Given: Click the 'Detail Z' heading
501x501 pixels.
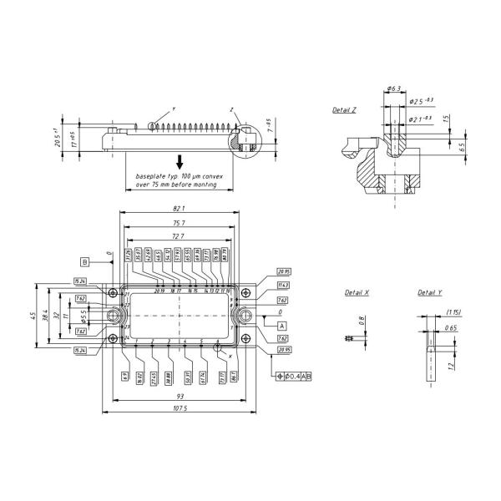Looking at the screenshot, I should tap(344, 110).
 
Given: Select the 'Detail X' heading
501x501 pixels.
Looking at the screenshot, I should tap(357, 293).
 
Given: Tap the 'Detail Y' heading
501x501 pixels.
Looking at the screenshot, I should tap(430, 293).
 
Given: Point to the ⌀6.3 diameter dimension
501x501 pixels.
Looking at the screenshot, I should tap(395, 88).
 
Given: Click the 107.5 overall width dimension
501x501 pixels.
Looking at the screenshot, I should tap(179, 408).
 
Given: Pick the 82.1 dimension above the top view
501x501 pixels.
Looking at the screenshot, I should tap(178, 208).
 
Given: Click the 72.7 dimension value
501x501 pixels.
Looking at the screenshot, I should tap(178, 237).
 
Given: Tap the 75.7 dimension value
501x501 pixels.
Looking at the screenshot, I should tap(178, 223).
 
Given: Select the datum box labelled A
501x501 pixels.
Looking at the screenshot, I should tap(281, 325).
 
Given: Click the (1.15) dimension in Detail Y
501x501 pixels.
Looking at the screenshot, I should tap(454, 312).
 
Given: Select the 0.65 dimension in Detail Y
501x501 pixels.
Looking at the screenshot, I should tap(451, 328).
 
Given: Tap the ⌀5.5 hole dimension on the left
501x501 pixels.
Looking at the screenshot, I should tap(84, 316).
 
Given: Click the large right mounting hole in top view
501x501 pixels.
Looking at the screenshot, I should tap(245, 316).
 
